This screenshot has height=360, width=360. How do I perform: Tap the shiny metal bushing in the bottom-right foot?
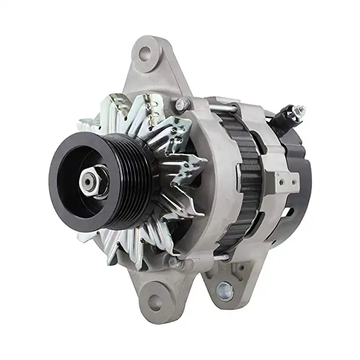click(x=225, y=291)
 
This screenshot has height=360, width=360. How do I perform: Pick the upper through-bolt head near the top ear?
click(x=181, y=105)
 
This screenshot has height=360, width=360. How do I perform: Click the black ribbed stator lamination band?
click(x=245, y=180)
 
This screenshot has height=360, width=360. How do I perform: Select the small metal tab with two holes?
click(x=287, y=180)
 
